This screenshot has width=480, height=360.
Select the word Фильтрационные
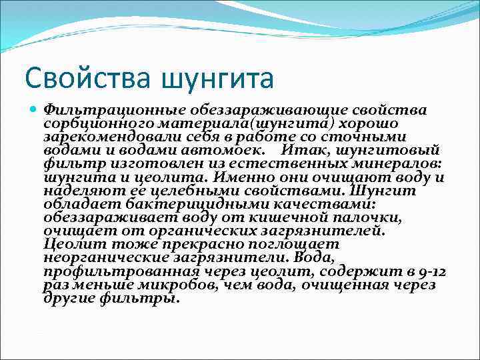pyautogui.click(x=113, y=111)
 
